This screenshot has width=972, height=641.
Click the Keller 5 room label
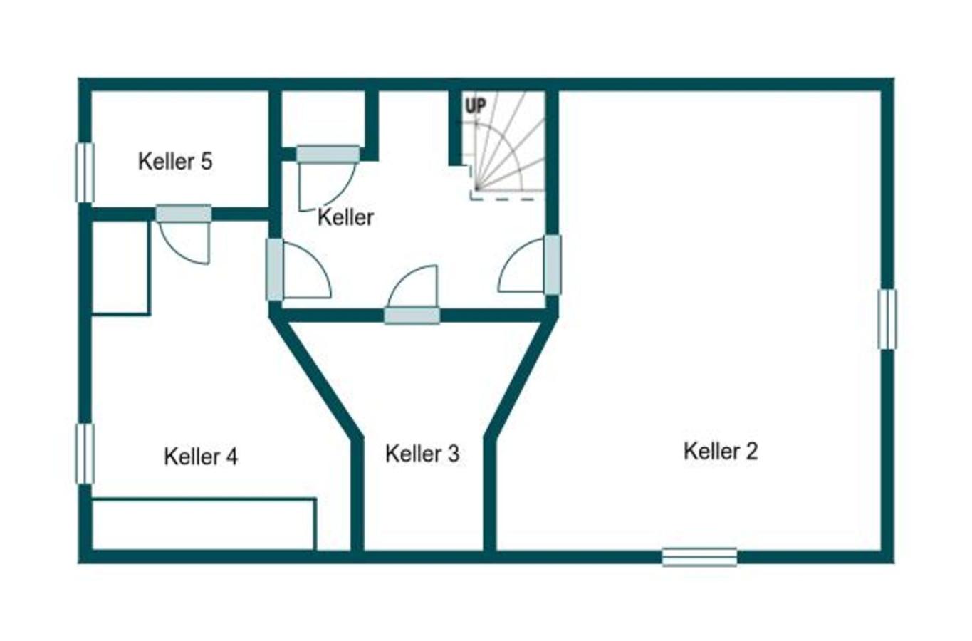click(175, 161)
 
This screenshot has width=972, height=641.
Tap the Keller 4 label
click(201, 456)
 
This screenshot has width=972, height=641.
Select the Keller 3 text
click(422, 453)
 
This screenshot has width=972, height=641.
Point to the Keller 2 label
click(721, 450)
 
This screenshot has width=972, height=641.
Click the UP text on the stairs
click(476, 106)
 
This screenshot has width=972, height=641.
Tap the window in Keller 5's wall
click(85, 172)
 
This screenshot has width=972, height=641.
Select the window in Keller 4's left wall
click(85, 454)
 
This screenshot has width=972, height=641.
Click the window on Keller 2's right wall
click(887, 319)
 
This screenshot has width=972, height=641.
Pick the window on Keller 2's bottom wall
click(699, 556)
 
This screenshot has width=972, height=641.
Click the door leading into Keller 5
click(184, 214)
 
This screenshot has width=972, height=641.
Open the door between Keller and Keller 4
click(274, 269)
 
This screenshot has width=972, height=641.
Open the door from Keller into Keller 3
click(412, 315)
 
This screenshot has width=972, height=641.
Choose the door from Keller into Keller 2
click(552, 265)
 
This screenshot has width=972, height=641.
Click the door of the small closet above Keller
click(328, 154)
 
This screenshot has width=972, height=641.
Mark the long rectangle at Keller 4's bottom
click(204, 524)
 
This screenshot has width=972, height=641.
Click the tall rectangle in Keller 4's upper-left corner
click(120, 267)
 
